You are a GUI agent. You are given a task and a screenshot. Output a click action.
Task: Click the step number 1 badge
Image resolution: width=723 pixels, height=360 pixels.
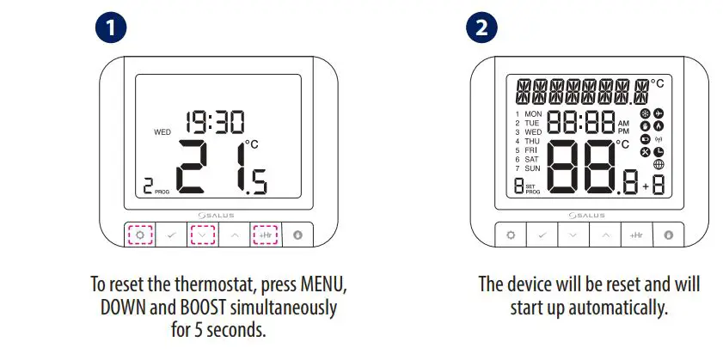pos(111,28)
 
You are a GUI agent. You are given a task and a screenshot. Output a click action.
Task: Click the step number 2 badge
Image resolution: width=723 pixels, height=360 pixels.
pos(482,28)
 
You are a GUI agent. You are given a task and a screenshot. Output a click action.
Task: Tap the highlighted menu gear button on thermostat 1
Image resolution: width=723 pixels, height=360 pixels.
pos(139,234)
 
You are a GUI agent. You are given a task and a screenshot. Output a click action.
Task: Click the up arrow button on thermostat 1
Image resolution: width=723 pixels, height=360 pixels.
pos(235,234)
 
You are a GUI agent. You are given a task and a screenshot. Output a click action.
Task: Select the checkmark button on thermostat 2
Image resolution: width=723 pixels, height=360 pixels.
pos(542,234)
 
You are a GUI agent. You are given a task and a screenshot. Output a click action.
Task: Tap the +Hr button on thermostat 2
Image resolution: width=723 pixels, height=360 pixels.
pos(637,234)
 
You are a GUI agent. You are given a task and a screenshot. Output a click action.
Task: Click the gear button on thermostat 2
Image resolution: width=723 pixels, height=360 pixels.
pos(510,234)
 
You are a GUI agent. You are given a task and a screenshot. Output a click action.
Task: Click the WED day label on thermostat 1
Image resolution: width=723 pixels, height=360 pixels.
pos(162,133)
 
